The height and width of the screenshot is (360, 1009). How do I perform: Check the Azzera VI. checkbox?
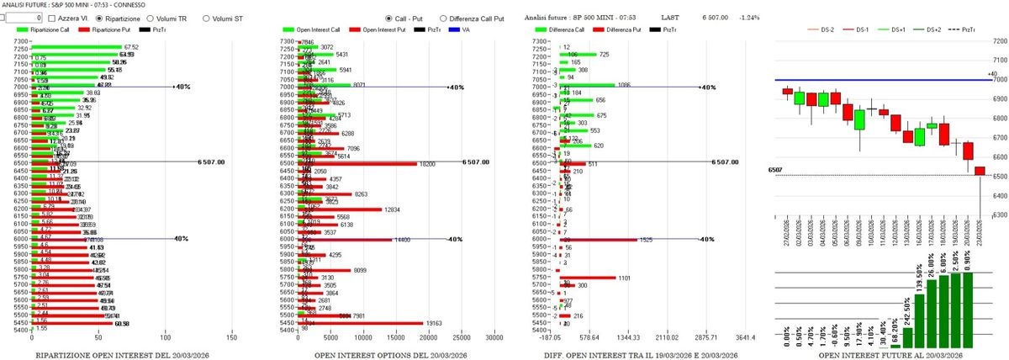[x=52, y=18]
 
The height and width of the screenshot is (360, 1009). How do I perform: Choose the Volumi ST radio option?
[x=204, y=18]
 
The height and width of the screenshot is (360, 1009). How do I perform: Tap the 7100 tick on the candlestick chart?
[x=1000, y=60]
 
